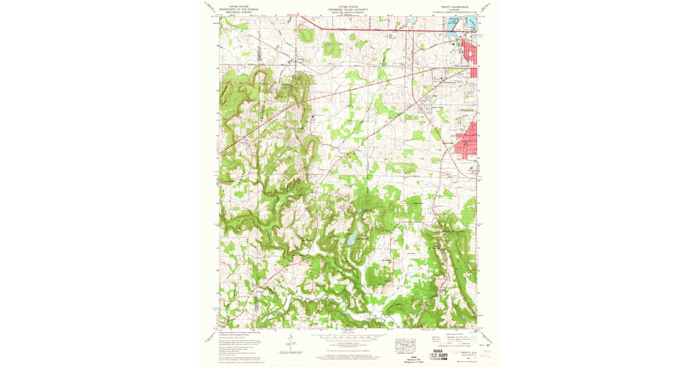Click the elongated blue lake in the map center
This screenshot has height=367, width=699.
coord(352,237)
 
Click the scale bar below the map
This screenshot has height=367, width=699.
coord(348,336)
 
